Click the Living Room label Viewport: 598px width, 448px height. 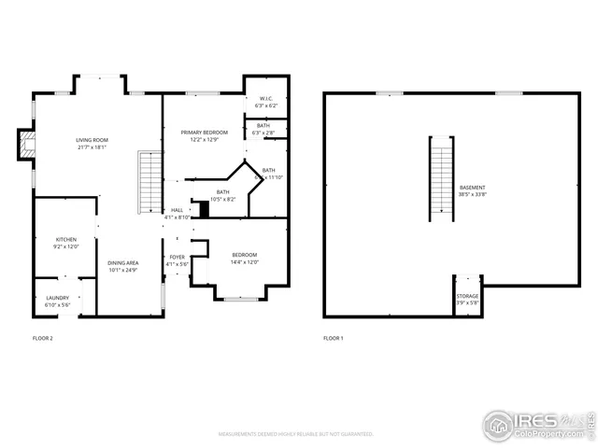(x=92, y=143)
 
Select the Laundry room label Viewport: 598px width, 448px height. (x=57, y=301)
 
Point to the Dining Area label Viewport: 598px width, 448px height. (x=122, y=266)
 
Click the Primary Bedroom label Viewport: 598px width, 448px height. (x=204, y=135)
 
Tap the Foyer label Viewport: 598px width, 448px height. (x=177, y=260)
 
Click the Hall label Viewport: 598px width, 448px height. (x=177, y=214)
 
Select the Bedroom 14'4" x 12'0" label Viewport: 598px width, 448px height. (x=244, y=258)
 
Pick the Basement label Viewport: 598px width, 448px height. (x=472, y=191)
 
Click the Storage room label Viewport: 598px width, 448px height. (x=467, y=299)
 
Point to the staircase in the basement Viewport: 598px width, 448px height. (x=439, y=178)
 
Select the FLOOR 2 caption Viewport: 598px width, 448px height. (x=43, y=338)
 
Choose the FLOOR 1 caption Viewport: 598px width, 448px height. (x=334, y=338)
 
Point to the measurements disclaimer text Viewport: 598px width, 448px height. (x=296, y=434)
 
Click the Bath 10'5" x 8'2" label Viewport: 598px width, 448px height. (x=222, y=195)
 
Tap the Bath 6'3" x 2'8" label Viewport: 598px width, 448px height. (x=263, y=129)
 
